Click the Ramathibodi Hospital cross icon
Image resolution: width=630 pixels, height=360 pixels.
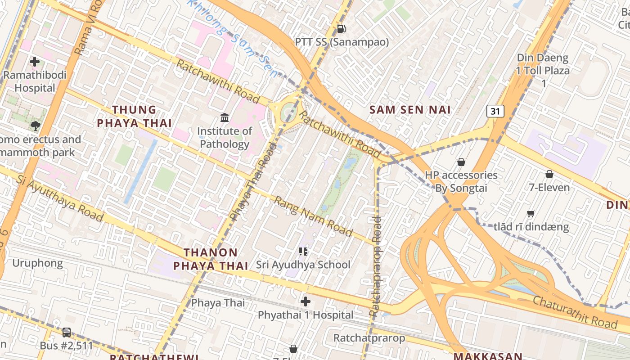[x=35, y=62]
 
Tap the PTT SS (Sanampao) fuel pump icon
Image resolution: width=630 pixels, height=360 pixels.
[x=342, y=29]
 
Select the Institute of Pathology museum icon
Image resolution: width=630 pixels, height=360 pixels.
[x=225, y=118]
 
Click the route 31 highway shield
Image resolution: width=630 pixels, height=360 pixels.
[x=495, y=111]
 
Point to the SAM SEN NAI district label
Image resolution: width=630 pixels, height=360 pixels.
[x=410, y=109]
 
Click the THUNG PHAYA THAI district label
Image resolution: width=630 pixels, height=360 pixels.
[x=134, y=116]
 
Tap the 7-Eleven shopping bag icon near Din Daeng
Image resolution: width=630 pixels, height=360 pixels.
[x=549, y=174]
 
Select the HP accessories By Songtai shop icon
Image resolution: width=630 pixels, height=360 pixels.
[x=461, y=162]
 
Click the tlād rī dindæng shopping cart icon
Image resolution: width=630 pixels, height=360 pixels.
[x=531, y=213]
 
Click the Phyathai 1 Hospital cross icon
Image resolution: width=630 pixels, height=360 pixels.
[x=306, y=301]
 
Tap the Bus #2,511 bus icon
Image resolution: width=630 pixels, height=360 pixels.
[x=67, y=333]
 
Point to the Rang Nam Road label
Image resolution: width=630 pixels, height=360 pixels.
[x=313, y=216]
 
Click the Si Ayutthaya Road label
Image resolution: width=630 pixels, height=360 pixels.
[x=60, y=198]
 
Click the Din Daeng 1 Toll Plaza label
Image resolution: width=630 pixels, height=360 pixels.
[x=543, y=71]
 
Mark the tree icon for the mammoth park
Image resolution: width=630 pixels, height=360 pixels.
[x=35, y=126]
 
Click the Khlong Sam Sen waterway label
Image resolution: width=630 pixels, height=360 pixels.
[x=234, y=38]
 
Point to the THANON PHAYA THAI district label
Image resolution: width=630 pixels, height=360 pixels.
[x=211, y=259]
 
